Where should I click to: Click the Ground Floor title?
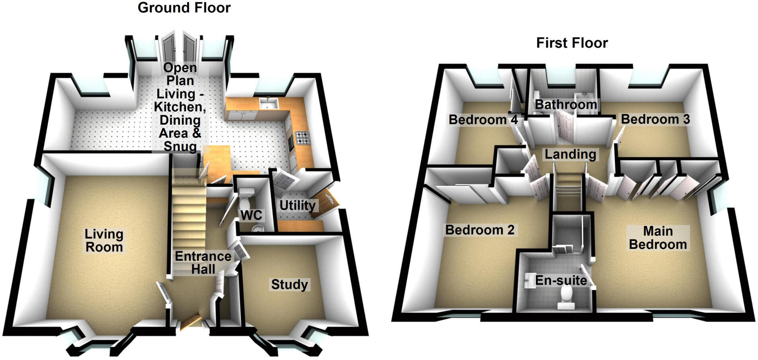[184, 8]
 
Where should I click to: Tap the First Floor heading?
[572, 43]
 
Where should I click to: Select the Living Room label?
[104, 241]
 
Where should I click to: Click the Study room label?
[289, 284]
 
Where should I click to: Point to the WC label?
[251, 215]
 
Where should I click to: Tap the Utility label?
[297, 205]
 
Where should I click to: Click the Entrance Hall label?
[203, 262]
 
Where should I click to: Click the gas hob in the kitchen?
[302, 138]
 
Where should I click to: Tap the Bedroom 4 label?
[483, 119]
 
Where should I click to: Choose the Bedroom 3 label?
[655, 119]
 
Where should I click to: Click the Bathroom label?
[566, 105]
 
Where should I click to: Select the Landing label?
[570, 154]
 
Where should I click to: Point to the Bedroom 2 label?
[480, 230]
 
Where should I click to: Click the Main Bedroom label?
[658, 238]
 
